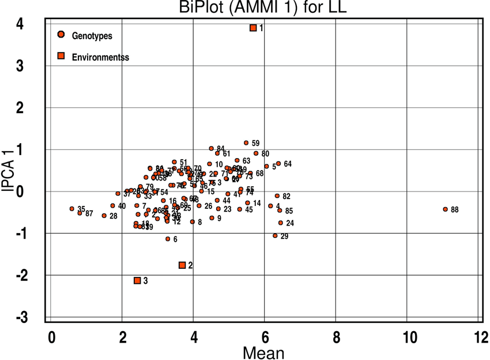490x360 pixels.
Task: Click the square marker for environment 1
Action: click(x=253, y=28)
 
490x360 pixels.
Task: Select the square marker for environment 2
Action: click(x=182, y=265)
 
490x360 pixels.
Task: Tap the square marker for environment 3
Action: click(x=137, y=280)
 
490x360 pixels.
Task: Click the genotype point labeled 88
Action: click(x=445, y=209)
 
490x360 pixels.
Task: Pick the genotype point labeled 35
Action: click(x=72, y=209)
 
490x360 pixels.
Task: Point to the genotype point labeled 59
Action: click(x=246, y=142)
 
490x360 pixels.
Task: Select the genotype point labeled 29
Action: click(x=275, y=236)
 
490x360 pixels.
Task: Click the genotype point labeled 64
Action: click(x=278, y=163)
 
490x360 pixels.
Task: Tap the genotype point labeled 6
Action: click(x=168, y=239)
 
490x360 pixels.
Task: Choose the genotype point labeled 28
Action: click(x=104, y=216)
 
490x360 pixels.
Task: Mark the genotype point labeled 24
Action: click(x=281, y=223)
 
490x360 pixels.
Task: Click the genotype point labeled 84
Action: click(x=211, y=148)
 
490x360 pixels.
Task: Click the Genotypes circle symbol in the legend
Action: click(x=61, y=35)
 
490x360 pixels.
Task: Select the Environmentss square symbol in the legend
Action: click(x=61, y=57)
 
